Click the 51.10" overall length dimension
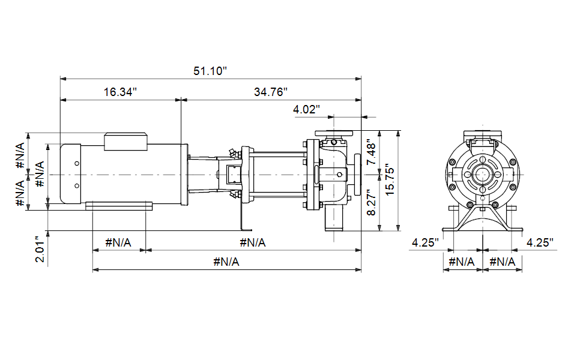210,71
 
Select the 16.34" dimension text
120,92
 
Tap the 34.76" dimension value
271,92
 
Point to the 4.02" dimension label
306,109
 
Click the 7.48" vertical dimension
371,152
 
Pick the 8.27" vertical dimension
371,202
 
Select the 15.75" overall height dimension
390,179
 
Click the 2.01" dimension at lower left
40,249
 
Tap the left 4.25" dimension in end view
425,243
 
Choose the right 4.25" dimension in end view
540,243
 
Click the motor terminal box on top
125,142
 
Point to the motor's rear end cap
71,174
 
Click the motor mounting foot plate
119,206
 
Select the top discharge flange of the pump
334,133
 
